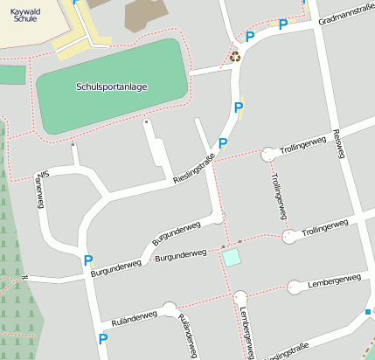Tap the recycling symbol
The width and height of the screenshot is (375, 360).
click(234, 58)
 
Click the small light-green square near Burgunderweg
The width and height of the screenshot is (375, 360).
click(232, 257)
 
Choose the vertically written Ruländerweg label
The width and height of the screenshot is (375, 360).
click(185, 331)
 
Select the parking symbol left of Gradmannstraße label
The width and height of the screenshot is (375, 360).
click(282, 24)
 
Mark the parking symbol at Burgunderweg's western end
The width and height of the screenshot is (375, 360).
click(87, 260)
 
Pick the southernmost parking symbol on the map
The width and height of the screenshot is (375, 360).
click(103, 338)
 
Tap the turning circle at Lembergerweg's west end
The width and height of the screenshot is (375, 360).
click(295, 287)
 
